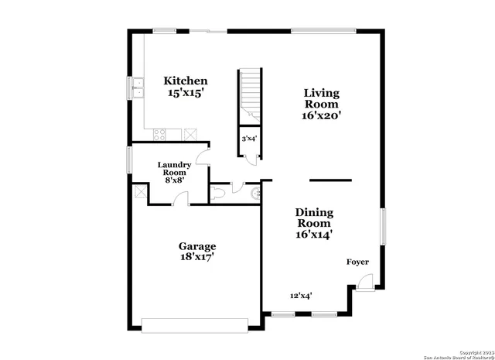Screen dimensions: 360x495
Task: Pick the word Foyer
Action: click(357, 262)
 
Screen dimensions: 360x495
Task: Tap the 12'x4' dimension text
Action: click(301, 295)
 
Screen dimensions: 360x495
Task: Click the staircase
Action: click(249, 97)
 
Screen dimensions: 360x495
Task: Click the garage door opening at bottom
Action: click(195, 324)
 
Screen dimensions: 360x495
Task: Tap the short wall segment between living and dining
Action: click(330, 180)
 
